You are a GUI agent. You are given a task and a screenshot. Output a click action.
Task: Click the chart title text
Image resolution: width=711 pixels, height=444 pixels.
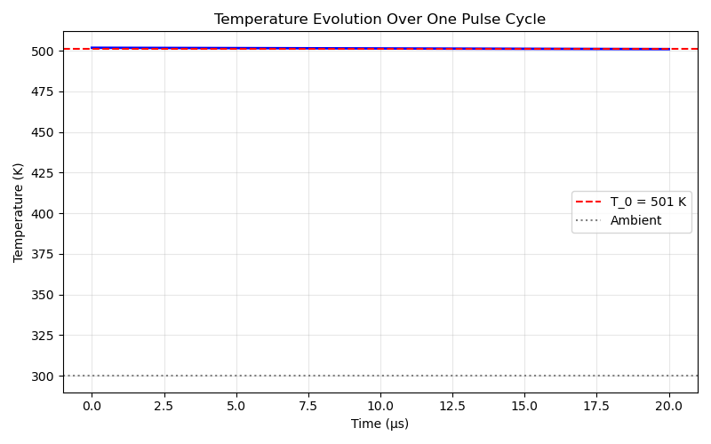[x=379, y=19]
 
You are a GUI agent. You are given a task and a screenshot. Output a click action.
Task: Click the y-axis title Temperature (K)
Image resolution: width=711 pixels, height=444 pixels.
[x=19, y=213]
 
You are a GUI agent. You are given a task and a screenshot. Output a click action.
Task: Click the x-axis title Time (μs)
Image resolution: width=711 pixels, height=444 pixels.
[x=379, y=424]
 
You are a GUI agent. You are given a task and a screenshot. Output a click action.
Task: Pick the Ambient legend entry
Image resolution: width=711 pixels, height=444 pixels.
[x=635, y=220]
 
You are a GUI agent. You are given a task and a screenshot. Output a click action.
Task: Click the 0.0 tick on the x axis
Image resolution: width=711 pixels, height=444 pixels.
[x=92, y=405]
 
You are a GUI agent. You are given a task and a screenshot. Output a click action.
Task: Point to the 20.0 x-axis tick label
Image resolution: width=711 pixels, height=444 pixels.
[x=669, y=405]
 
